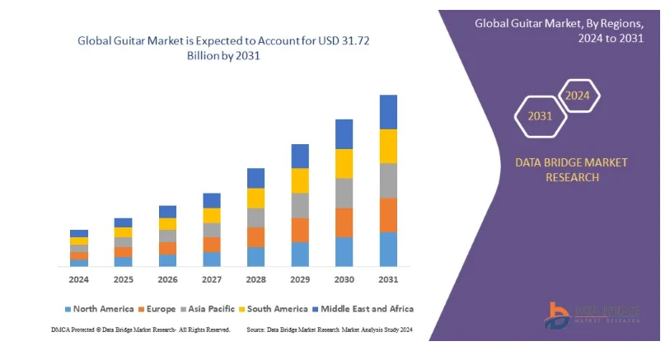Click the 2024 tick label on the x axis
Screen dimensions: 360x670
point(79,280)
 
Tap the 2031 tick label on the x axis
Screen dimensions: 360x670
point(388,280)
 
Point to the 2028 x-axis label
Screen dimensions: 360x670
point(255,280)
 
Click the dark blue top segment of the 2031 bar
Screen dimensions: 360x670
point(388,112)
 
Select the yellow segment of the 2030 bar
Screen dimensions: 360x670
point(344,163)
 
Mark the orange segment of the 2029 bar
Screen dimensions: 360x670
point(300,230)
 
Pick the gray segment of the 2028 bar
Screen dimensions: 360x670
point(255,217)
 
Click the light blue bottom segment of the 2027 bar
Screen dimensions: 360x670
point(212,259)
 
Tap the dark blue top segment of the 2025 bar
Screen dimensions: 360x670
point(124,222)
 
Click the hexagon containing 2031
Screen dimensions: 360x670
point(541,116)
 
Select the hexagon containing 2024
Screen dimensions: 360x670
point(577,96)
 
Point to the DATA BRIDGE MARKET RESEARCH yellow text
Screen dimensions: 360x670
point(570,170)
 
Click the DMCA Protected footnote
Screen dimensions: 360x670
point(141,330)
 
